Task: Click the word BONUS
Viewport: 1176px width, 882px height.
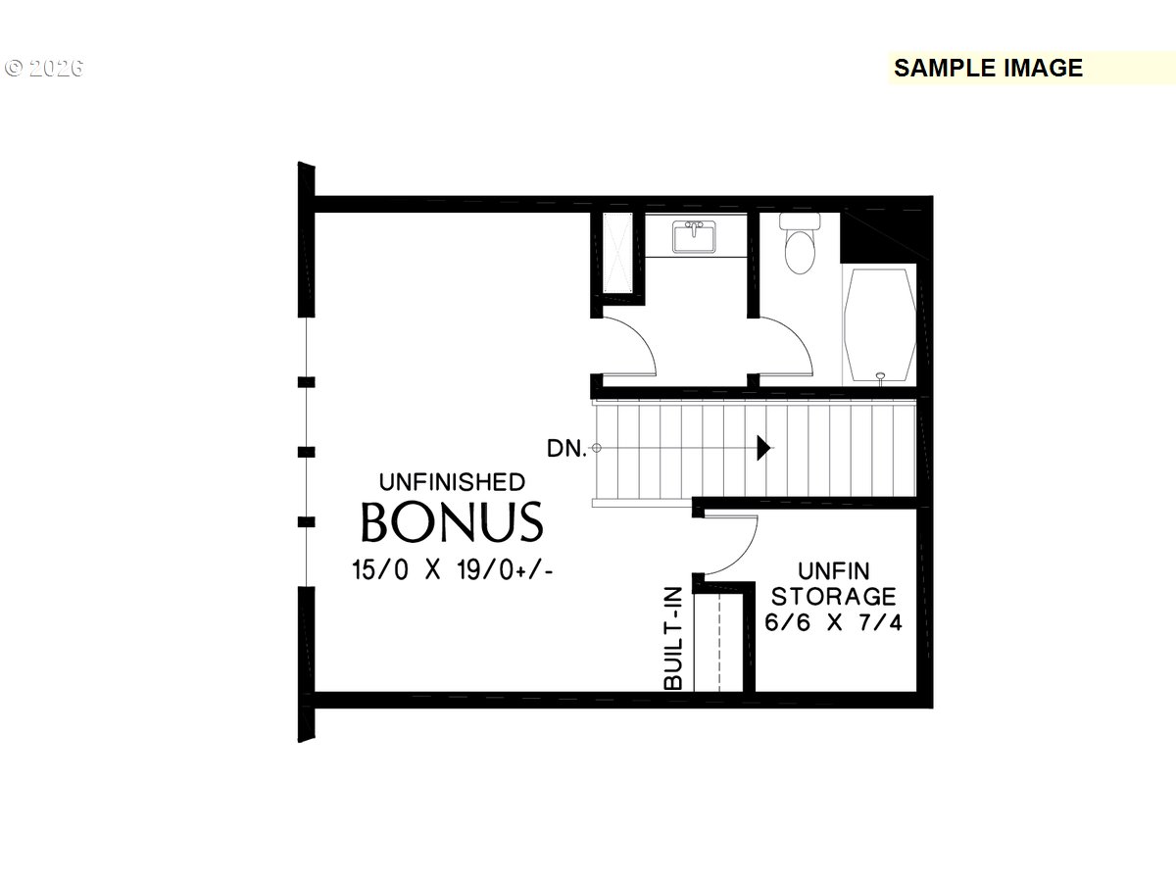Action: (x=452, y=521)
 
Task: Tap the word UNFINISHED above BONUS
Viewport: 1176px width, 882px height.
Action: (x=452, y=482)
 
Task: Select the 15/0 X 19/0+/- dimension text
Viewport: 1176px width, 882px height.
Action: (x=452, y=569)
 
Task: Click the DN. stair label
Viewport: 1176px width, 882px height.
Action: (x=565, y=448)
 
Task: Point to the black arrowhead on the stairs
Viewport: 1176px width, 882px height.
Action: (x=763, y=447)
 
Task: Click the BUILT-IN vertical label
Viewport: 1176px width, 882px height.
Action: (x=673, y=637)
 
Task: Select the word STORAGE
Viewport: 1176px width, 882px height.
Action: (x=833, y=597)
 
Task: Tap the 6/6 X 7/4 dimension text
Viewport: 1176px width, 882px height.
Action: (x=833, y=622)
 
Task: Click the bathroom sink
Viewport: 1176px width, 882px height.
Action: (x=694, y=236)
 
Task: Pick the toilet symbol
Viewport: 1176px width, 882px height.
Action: (x=800, y=243)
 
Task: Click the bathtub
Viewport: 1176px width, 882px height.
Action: (x=880, y=325)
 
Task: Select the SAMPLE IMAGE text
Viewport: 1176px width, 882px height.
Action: (x=988, y=68)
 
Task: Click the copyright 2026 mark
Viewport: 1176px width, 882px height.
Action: (x=44, y=68)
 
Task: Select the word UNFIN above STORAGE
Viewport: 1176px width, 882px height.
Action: (x=834, y=571)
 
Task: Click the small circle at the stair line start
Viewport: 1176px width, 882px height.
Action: (x=596, y=448)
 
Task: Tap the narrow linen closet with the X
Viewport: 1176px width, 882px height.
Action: (x=617, y=252)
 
